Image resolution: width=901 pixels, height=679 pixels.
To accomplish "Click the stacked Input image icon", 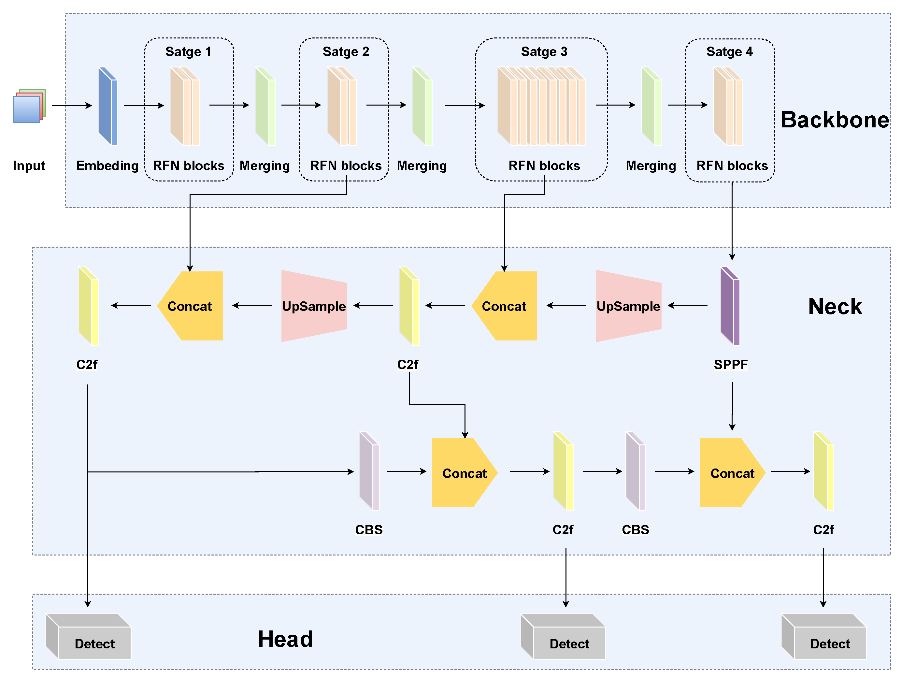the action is click(x=29, y=106).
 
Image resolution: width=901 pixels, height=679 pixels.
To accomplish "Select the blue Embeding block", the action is click(x=108, y=106).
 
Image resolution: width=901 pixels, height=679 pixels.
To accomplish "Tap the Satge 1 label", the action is click(x=188, y=52).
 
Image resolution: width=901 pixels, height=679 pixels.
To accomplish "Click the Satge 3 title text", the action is click(x=544, y=52).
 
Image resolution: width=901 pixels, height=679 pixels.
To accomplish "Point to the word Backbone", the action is click(x=835, y=120).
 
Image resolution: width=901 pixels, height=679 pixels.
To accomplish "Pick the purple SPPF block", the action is click(x=730, y=306).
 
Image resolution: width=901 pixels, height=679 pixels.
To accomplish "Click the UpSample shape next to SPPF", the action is click(x=628, y=306).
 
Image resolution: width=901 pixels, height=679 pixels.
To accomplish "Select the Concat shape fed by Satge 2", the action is click(x=190, y=306).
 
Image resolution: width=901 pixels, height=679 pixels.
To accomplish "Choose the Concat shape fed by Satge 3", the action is click(x=504, y=306).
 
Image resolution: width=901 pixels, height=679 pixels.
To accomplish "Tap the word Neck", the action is click(x=835, y=306).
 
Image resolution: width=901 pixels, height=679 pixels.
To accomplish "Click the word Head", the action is click(x=286, y=639).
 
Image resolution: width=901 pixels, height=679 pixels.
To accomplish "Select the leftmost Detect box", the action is click(x=88, y=637).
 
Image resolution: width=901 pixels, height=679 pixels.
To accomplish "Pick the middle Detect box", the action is click(x=563, y=637).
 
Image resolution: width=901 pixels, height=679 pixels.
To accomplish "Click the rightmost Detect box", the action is click(x=823, y=637).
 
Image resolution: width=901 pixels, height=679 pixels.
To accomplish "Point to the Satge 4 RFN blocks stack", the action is click(x=728, y=106).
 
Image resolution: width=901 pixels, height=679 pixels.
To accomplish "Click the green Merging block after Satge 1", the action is click(x=265, y=106).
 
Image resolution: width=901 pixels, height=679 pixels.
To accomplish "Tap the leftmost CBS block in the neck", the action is click(x=369, y=471).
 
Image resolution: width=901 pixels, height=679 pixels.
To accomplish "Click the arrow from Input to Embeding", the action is click(x=72, y=106).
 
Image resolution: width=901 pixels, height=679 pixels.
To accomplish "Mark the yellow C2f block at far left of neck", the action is click(x=88, y=306).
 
